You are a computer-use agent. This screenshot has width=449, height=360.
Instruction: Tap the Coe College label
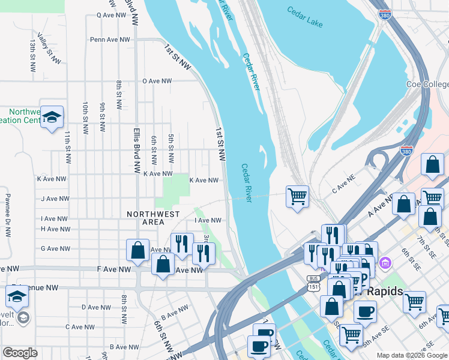coord(427,85)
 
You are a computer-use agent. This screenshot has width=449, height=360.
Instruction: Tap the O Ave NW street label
coord(157,81)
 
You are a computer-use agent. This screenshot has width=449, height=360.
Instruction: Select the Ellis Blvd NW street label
coord(137,147)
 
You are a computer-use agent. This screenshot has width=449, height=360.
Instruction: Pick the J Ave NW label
coord(55,199)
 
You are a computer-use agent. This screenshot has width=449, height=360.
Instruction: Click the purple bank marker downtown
coord(385,263)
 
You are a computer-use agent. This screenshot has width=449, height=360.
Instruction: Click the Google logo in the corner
coord(20,352)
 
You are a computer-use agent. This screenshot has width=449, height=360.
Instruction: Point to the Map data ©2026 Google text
coord(412,355)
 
